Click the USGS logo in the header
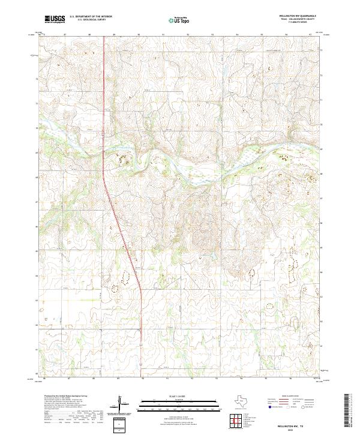click(x=55, y=19)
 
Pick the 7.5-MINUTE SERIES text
click(x=297, y=24)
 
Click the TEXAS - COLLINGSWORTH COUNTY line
click(x=297, y=20)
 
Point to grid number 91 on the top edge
click(x=163, y=35)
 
